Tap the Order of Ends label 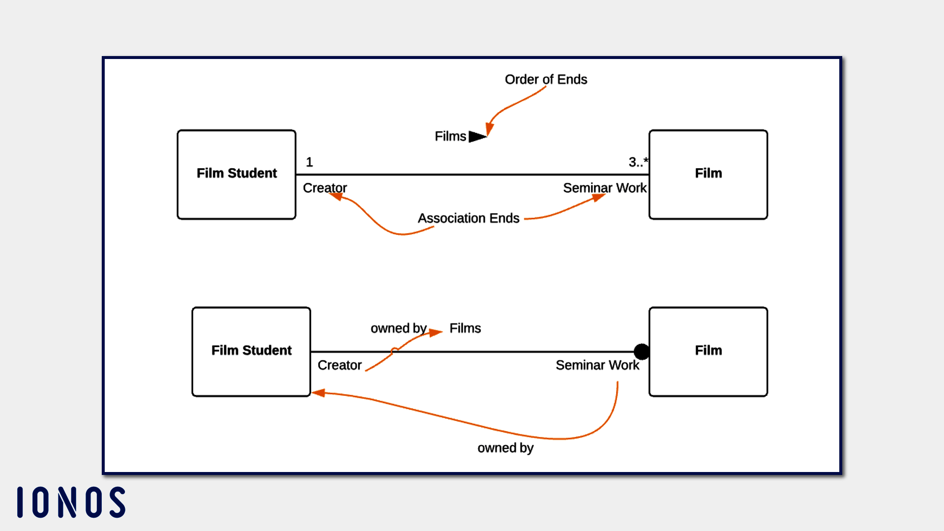point(546,79)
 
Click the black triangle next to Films point(477,136)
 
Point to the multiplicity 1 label point(309,162)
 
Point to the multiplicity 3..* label point(638,162)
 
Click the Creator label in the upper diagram point(324,188)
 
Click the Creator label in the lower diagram point(339,365)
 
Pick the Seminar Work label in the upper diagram point(605,188)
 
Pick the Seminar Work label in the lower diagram point(597,365)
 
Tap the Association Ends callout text point(469,218)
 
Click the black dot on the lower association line point(642,352)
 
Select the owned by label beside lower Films point(398,328)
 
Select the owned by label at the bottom point(505,447)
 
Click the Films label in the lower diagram point(465,328)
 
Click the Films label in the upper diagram point(450,136)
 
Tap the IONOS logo point(71,502)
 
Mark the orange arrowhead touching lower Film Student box point(319,392)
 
